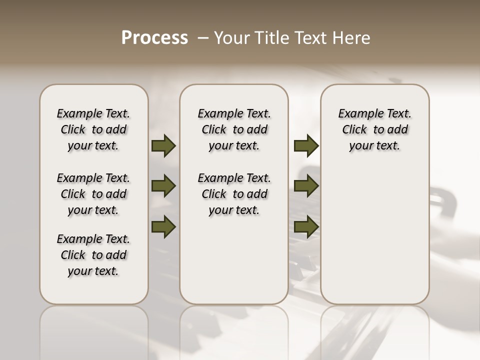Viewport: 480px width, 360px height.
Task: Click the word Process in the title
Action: coord(154,38)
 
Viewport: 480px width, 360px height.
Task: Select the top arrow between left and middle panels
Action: coord(163,145)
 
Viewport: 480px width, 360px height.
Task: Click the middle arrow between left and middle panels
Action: coord(163,186)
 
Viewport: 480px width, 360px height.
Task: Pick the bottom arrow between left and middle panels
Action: coord(163,226)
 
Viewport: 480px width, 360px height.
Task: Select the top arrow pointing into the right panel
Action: coord(306,145)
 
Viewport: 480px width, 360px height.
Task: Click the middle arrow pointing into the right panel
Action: coord(306,186)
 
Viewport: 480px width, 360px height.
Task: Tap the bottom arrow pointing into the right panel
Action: coord(306,226)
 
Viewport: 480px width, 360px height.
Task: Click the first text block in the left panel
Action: coord(93,129)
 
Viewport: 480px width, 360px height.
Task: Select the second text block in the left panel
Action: coord(93,194)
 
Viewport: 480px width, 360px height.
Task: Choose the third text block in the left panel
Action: coord(93,255)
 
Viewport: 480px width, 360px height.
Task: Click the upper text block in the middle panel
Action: coord(234,129)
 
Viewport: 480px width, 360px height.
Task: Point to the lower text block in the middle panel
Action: coord(234,194)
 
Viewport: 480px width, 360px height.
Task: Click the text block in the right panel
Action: coord(374,129)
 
